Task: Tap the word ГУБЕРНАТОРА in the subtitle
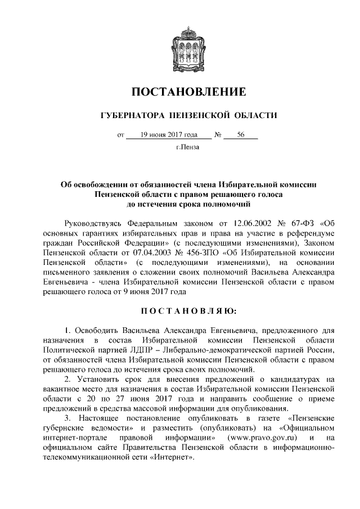128,116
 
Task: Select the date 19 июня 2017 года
169,135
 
